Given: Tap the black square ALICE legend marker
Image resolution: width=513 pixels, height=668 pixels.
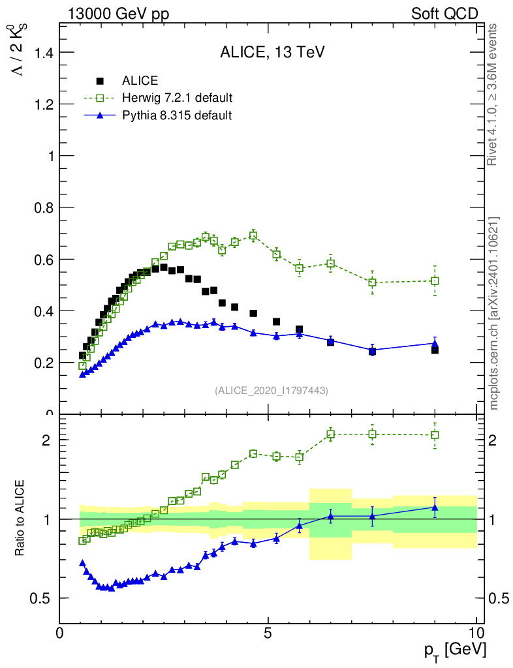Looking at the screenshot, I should (100, 81).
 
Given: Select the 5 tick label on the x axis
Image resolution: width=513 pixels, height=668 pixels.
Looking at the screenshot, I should (268, 632).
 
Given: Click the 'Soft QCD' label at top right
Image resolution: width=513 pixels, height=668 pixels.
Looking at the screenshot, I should (444, 14).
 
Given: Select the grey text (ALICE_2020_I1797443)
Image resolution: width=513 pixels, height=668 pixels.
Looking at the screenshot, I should (271, 390).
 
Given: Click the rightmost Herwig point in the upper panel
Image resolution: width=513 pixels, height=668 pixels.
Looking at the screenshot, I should (435, 281).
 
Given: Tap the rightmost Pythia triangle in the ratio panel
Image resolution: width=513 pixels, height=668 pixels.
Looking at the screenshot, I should (435, 507).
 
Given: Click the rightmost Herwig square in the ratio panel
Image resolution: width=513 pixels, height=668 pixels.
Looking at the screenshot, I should (435, 434).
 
